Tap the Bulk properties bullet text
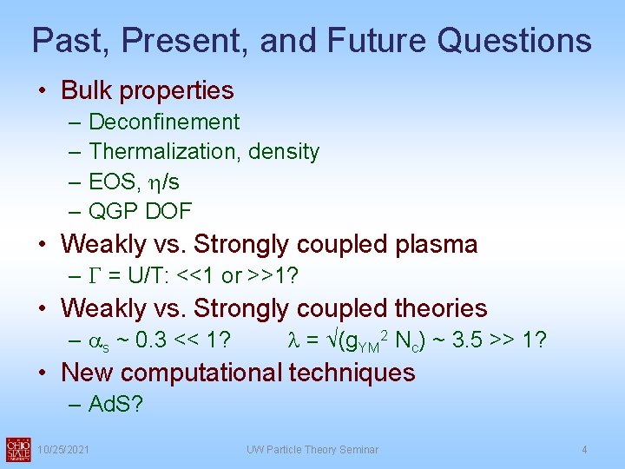tap(148, 90)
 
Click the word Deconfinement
tap(164, 122)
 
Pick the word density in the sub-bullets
tap(284, 152)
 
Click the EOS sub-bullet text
tap(134, 182)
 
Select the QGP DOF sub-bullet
tap(140, 211)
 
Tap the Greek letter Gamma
tap(95, 276)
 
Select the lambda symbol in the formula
tap(293, 340)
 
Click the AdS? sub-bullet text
tap(115, 405)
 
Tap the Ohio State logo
tap(17, 449)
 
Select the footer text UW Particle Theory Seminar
tap(312, 450)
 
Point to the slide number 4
tap(584, 450)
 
